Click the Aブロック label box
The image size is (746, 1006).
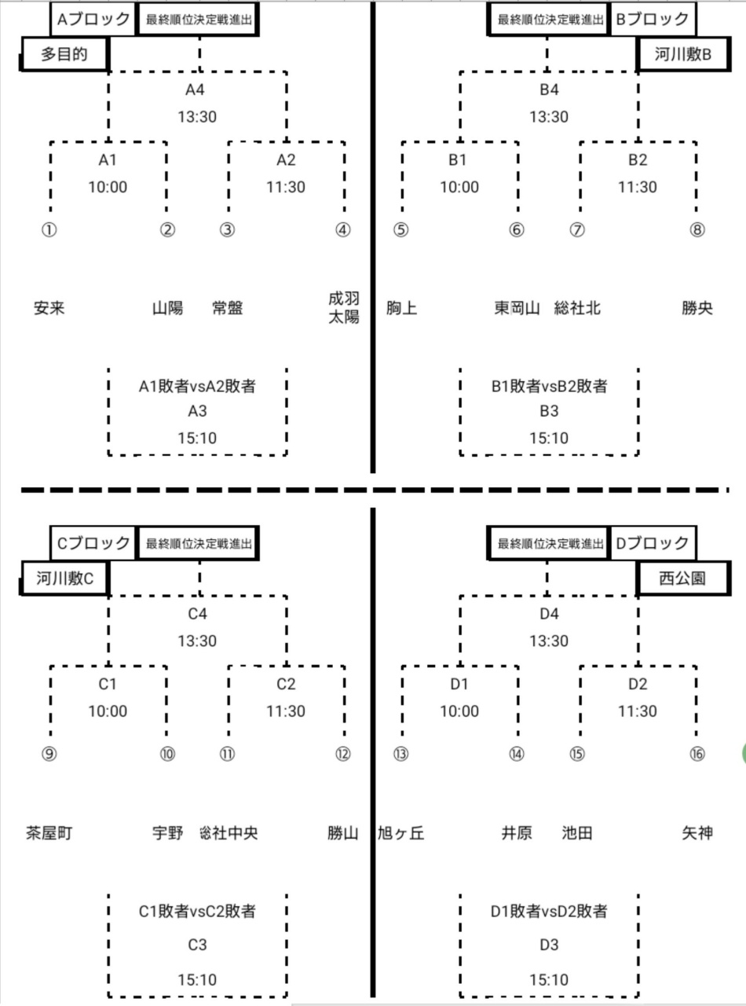click(x=93, y=20)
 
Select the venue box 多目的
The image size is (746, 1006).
click(x=64, y=55)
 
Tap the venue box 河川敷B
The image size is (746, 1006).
click(x=682, y=54)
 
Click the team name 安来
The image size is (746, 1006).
click(x=49, y=308)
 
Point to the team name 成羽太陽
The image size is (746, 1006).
click(x=344, y=308)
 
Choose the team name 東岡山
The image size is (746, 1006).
click(x=517, y=308)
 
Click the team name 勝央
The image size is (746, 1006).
click(x=697, y=308)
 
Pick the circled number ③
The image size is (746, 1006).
click(x=227, y=230)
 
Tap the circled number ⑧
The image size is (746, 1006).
click(x=697, y=230)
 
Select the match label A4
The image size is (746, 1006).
click(x=197, y=90)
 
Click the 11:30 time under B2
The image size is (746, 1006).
click(x=638, y=187)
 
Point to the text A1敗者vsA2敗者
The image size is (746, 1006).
click(x=197, y=386)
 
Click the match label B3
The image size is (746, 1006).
click(x=549, y=412)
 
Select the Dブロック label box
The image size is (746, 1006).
click(x=653, y=543)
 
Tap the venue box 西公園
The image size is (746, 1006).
click(x=682, y=578)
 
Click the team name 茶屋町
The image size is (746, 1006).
click(x=49, y=832)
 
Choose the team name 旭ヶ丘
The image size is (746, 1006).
click(x=401, y=832)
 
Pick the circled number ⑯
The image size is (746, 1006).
click(x=697, y=754)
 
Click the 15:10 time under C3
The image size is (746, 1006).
click(x=197, y=980)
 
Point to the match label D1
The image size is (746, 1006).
click(x=459, y=684)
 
